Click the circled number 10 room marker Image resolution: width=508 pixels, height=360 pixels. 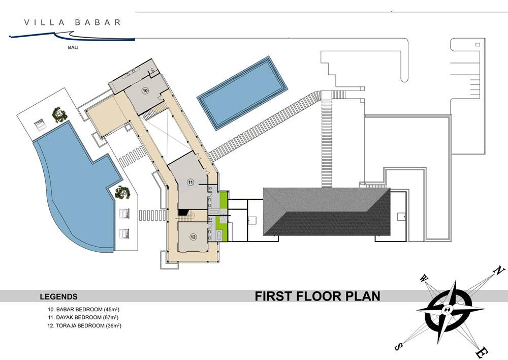145,91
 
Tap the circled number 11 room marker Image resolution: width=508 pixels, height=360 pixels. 190,182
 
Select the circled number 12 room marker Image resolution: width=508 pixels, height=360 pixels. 193,237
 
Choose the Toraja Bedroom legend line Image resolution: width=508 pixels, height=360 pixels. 84,325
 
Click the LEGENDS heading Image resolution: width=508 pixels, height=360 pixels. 58,296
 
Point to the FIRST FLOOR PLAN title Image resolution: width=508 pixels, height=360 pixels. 317,296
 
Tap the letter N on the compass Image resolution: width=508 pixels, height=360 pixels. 499,271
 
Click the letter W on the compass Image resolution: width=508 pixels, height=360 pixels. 424,278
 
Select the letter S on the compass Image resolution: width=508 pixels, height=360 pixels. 399,347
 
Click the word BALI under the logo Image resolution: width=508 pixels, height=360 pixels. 73,47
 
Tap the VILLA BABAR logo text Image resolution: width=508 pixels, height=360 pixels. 72,22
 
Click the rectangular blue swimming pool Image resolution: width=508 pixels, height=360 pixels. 242,93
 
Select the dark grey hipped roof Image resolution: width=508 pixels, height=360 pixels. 327,212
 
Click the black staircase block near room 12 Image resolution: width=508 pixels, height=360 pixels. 183,212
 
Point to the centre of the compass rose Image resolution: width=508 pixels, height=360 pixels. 447,309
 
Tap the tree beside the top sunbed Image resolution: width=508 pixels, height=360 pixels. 59,114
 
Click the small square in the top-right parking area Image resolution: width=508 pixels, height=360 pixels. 477,44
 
